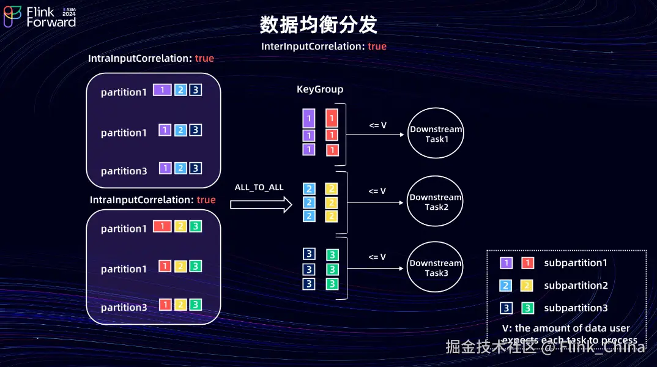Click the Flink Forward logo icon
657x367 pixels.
tap(13, 17)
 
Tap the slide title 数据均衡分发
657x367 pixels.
tap(318, 25)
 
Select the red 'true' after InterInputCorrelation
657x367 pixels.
tap(377, 46)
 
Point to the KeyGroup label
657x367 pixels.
tap(320, 89)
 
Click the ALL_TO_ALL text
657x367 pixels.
tap(259, 187)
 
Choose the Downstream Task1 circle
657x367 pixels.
tap(436, 134)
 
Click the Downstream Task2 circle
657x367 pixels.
tap(435, 202)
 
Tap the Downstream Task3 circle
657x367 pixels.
tap(436, 268)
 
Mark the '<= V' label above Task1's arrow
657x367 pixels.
tap(377, 125)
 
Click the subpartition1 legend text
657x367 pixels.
tap(576, 263)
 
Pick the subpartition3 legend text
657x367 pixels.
tap(576, 308)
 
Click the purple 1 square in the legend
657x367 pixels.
tap(506, 263)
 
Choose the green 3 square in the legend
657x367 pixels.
tap(527, 308)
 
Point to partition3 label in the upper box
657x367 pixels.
tap(124, 171)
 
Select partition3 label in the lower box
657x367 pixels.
tap(124, 308)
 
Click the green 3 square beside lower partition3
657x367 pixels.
tap(195, 305)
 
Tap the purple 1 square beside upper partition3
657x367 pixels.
tap(165, 168)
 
